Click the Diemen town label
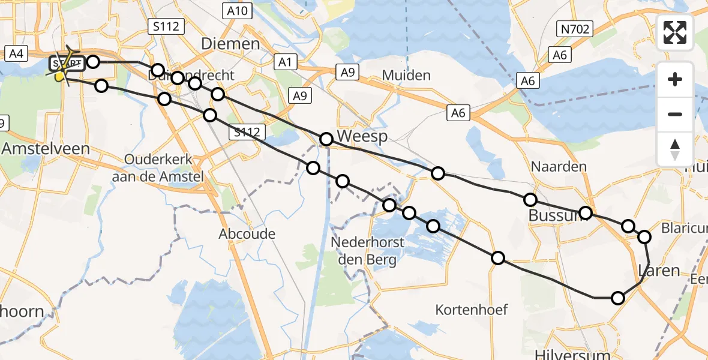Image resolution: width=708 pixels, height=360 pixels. coord(231,43)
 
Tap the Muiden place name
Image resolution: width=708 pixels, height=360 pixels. coord(407,75)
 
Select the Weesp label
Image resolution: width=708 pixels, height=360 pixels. coord(362,136)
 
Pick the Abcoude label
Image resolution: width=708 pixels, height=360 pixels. coord(247,233)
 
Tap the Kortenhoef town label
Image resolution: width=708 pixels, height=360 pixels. coord(472,310)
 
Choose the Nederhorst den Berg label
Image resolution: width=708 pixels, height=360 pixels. coord(368,251)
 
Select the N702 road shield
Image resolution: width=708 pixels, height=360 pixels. coord(574,28)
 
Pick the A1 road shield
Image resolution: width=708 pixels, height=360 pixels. coord(285,61)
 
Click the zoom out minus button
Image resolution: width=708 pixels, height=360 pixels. coord(675,114)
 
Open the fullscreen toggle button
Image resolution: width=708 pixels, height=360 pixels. coord(675,32)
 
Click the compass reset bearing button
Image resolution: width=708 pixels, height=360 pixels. coord(675,149)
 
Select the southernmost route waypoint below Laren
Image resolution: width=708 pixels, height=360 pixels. coord(618,298)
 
